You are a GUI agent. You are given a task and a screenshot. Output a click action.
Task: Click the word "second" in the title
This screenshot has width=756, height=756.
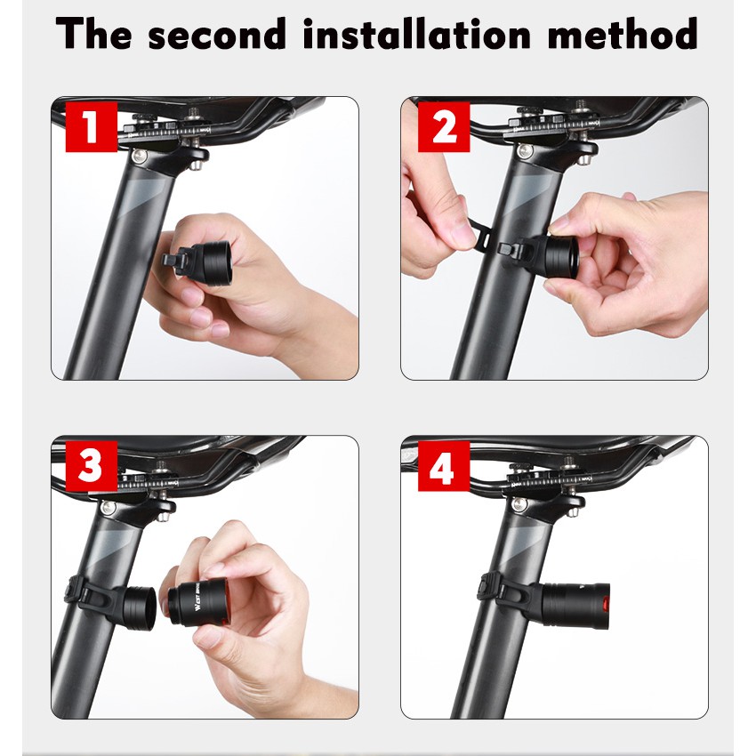(217, 34)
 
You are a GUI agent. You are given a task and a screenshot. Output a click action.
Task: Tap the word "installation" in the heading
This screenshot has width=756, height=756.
(416, 33)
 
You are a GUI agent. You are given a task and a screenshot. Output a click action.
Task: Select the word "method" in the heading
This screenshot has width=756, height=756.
(623, 33)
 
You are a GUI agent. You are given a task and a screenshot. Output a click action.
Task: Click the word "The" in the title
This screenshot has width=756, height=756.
(93, 33)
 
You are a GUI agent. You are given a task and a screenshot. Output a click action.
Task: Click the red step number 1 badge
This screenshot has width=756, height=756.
(92, 127)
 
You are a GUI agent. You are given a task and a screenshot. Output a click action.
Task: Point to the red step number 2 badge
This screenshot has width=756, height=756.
(444, 127)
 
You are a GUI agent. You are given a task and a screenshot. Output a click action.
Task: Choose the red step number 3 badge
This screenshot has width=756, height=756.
(92, 466)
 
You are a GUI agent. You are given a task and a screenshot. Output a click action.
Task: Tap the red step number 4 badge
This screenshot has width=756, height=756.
(444, 466)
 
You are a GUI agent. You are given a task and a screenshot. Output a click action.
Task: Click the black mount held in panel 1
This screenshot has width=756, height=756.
(197, 262)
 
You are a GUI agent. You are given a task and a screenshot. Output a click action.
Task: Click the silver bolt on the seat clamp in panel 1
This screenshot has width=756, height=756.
(140, 156)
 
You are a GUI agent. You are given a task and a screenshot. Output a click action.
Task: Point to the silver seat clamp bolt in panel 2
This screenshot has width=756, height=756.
(526, 150)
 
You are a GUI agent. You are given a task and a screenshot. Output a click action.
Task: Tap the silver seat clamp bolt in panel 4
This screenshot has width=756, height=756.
(519, 504)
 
